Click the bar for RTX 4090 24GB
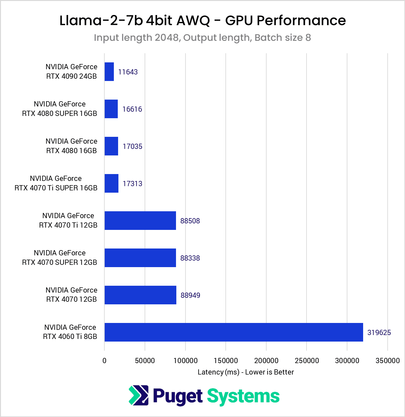tap(109, 72)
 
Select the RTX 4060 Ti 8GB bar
tap(234, 332)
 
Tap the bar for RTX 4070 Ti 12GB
tap(140, 221)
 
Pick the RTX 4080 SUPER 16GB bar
tap(111, 109)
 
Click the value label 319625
tap(379, 332)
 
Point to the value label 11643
tap(128, 72)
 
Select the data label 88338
tap(190, 258)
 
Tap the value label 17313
tap(132, 184)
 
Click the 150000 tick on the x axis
tap(226, 361)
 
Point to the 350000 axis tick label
tap(387, 361)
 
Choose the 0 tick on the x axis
tap(104, 361)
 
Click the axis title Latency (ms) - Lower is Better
tap(246, 372)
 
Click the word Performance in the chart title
tap(301, 21)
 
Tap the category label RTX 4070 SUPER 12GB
tap(60, 258)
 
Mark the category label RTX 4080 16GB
tap(71, 146)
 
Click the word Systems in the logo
tap(243, 396)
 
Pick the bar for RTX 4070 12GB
tap(140, 295)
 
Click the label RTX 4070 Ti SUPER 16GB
tap(56, 183)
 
